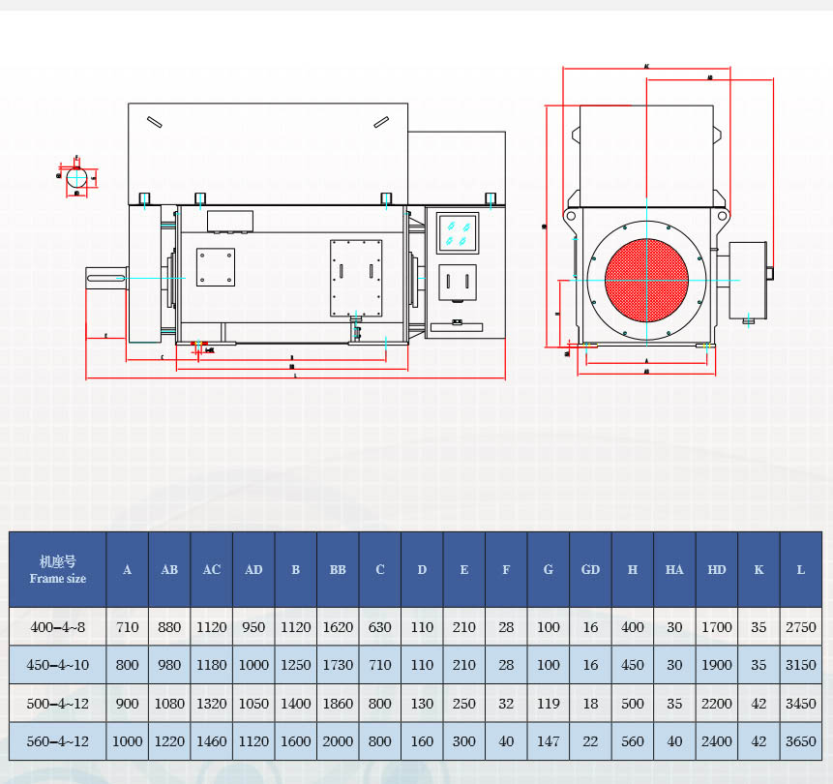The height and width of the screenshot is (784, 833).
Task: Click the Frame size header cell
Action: (57, 569)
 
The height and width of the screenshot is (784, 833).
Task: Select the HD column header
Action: (716, 569)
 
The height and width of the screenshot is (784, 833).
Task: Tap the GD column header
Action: (590, 569)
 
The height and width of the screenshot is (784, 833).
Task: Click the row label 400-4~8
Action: (57, 627)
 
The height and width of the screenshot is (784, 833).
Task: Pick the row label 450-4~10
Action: (57, 665)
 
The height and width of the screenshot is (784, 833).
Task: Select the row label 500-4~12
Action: (57, 704)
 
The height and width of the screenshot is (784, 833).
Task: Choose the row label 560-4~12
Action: (57, 741)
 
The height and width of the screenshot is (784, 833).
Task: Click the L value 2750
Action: (800, 627)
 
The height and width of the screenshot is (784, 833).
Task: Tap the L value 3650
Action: (800, 741)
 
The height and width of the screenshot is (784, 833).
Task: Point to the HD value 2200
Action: (716, 704)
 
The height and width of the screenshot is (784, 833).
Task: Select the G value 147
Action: (548, 741)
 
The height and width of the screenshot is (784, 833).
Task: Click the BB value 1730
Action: (338, 665)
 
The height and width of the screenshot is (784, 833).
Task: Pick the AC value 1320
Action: (211, 704)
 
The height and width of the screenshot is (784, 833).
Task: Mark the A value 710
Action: (127, 627)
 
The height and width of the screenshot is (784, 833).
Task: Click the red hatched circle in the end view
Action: (646, 281)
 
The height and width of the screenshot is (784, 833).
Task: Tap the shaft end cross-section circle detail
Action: (77, 177)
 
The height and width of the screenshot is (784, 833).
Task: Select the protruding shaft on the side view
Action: (106, 278)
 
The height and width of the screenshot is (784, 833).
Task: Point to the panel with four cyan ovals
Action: (458, 233)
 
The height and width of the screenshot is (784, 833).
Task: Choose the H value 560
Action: (632, 741)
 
